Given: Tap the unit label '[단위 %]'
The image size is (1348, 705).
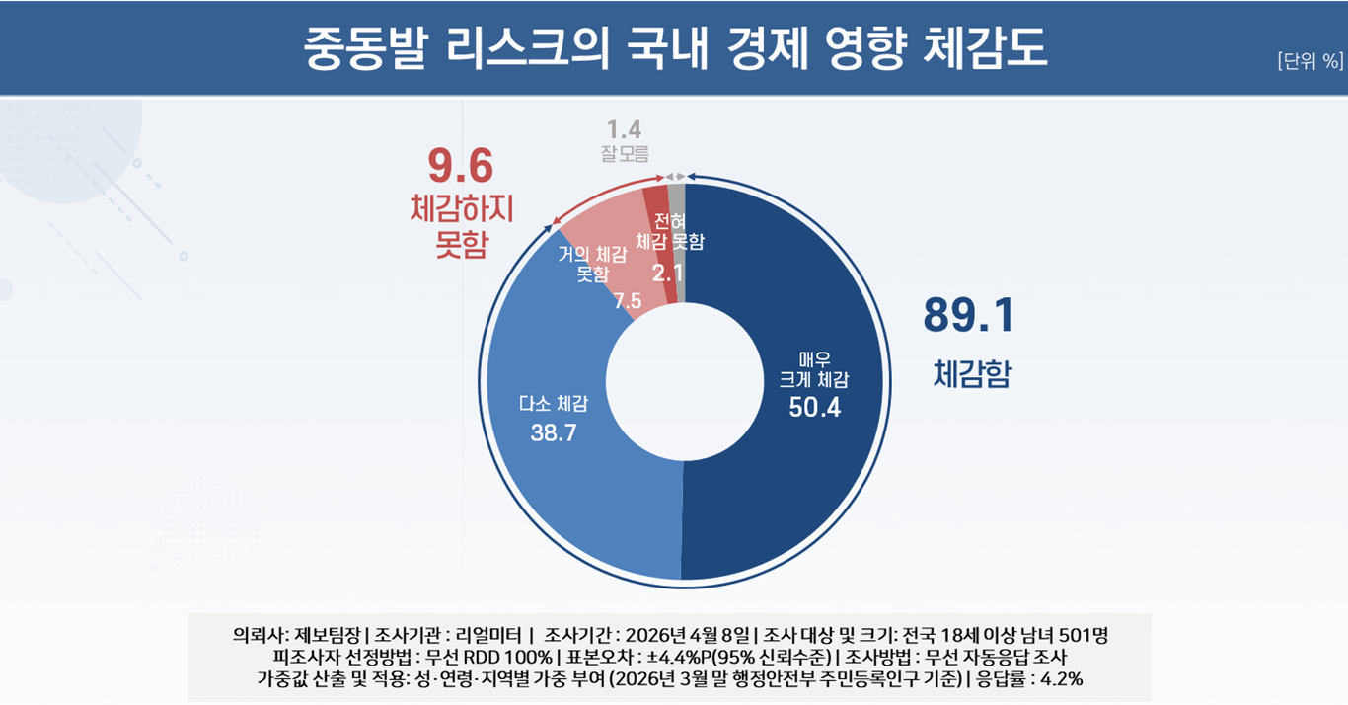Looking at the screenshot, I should coord(1310,61).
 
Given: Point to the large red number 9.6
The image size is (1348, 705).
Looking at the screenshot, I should coord(460,166).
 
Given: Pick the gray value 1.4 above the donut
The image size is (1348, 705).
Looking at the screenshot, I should coord(624,129).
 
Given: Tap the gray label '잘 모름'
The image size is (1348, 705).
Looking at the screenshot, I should coord(624,154).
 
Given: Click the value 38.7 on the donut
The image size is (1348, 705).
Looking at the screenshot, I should coord(554,433).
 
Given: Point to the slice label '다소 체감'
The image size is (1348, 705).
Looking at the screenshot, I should coord(554,403).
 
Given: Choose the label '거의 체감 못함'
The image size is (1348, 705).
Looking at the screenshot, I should coord(593,264).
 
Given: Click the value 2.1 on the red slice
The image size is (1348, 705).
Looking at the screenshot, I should coord(667,272).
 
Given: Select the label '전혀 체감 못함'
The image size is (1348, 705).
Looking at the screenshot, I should coord(670,231).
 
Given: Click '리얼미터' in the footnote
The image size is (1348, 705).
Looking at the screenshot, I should coord(489,633).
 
